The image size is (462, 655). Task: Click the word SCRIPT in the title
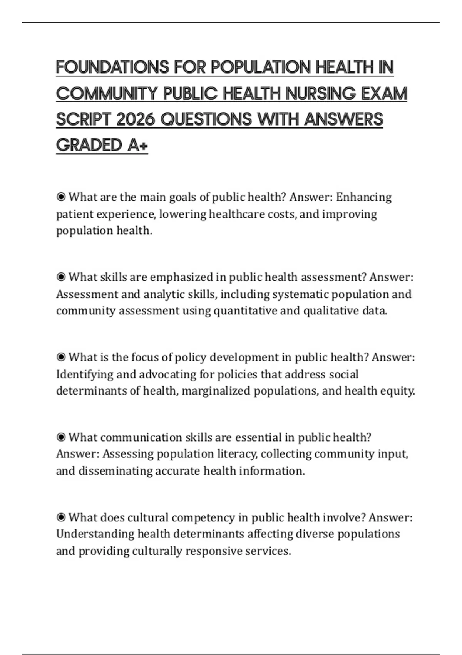tap(84, 119)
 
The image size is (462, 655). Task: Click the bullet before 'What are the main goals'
tap(61, 197)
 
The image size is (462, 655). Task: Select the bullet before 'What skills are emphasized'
tap(61, 277)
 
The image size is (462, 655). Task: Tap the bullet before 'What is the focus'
tap(61, 358)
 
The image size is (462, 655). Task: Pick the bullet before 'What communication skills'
tap(61, 438)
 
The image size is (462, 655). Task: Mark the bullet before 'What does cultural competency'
tap(61, 517)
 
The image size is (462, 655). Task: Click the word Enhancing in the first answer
tap(364, 197)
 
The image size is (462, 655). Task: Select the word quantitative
tap(245, 311)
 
